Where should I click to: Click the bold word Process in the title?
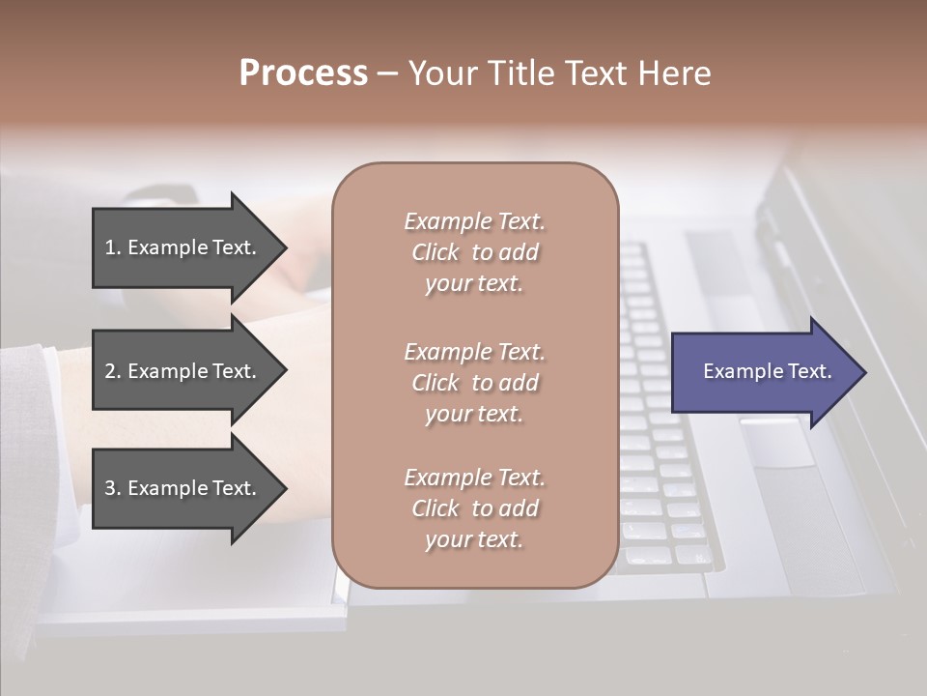[x=303, y=73]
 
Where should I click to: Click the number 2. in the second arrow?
[x=112, y=371]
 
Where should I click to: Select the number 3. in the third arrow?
[x=112, y=488]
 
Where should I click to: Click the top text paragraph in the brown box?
[x=474, y=252]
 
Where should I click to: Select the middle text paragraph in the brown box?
[x=474, y=383]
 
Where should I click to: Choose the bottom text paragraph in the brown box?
[x=474, y=508]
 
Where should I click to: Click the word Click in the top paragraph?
[x=435, y=252]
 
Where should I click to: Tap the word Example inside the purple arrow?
[x=738, y=371]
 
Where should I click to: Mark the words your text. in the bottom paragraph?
[x=474, y=539]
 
